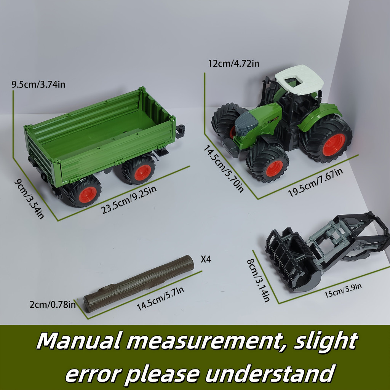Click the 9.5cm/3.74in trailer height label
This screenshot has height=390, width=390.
coord(38,85)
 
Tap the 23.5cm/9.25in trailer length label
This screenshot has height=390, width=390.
coord(129,200)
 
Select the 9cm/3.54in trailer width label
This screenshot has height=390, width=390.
coord(29,199)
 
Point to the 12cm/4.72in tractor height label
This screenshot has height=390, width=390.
coord(233,64)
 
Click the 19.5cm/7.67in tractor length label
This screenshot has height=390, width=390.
coord(316,182)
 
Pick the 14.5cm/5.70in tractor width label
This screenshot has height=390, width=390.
coord(223,169)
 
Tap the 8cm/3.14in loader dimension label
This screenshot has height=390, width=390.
coord(259,280)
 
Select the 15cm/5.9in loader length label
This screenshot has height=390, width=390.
coord(343,290)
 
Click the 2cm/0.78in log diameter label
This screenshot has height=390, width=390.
coord(53,304)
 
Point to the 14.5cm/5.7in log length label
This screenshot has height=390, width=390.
coord(160,299)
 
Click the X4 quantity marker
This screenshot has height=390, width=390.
coord(206,259)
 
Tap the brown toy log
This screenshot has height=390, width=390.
coord(139,283)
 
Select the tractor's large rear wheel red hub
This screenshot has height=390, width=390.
coord(334,144)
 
